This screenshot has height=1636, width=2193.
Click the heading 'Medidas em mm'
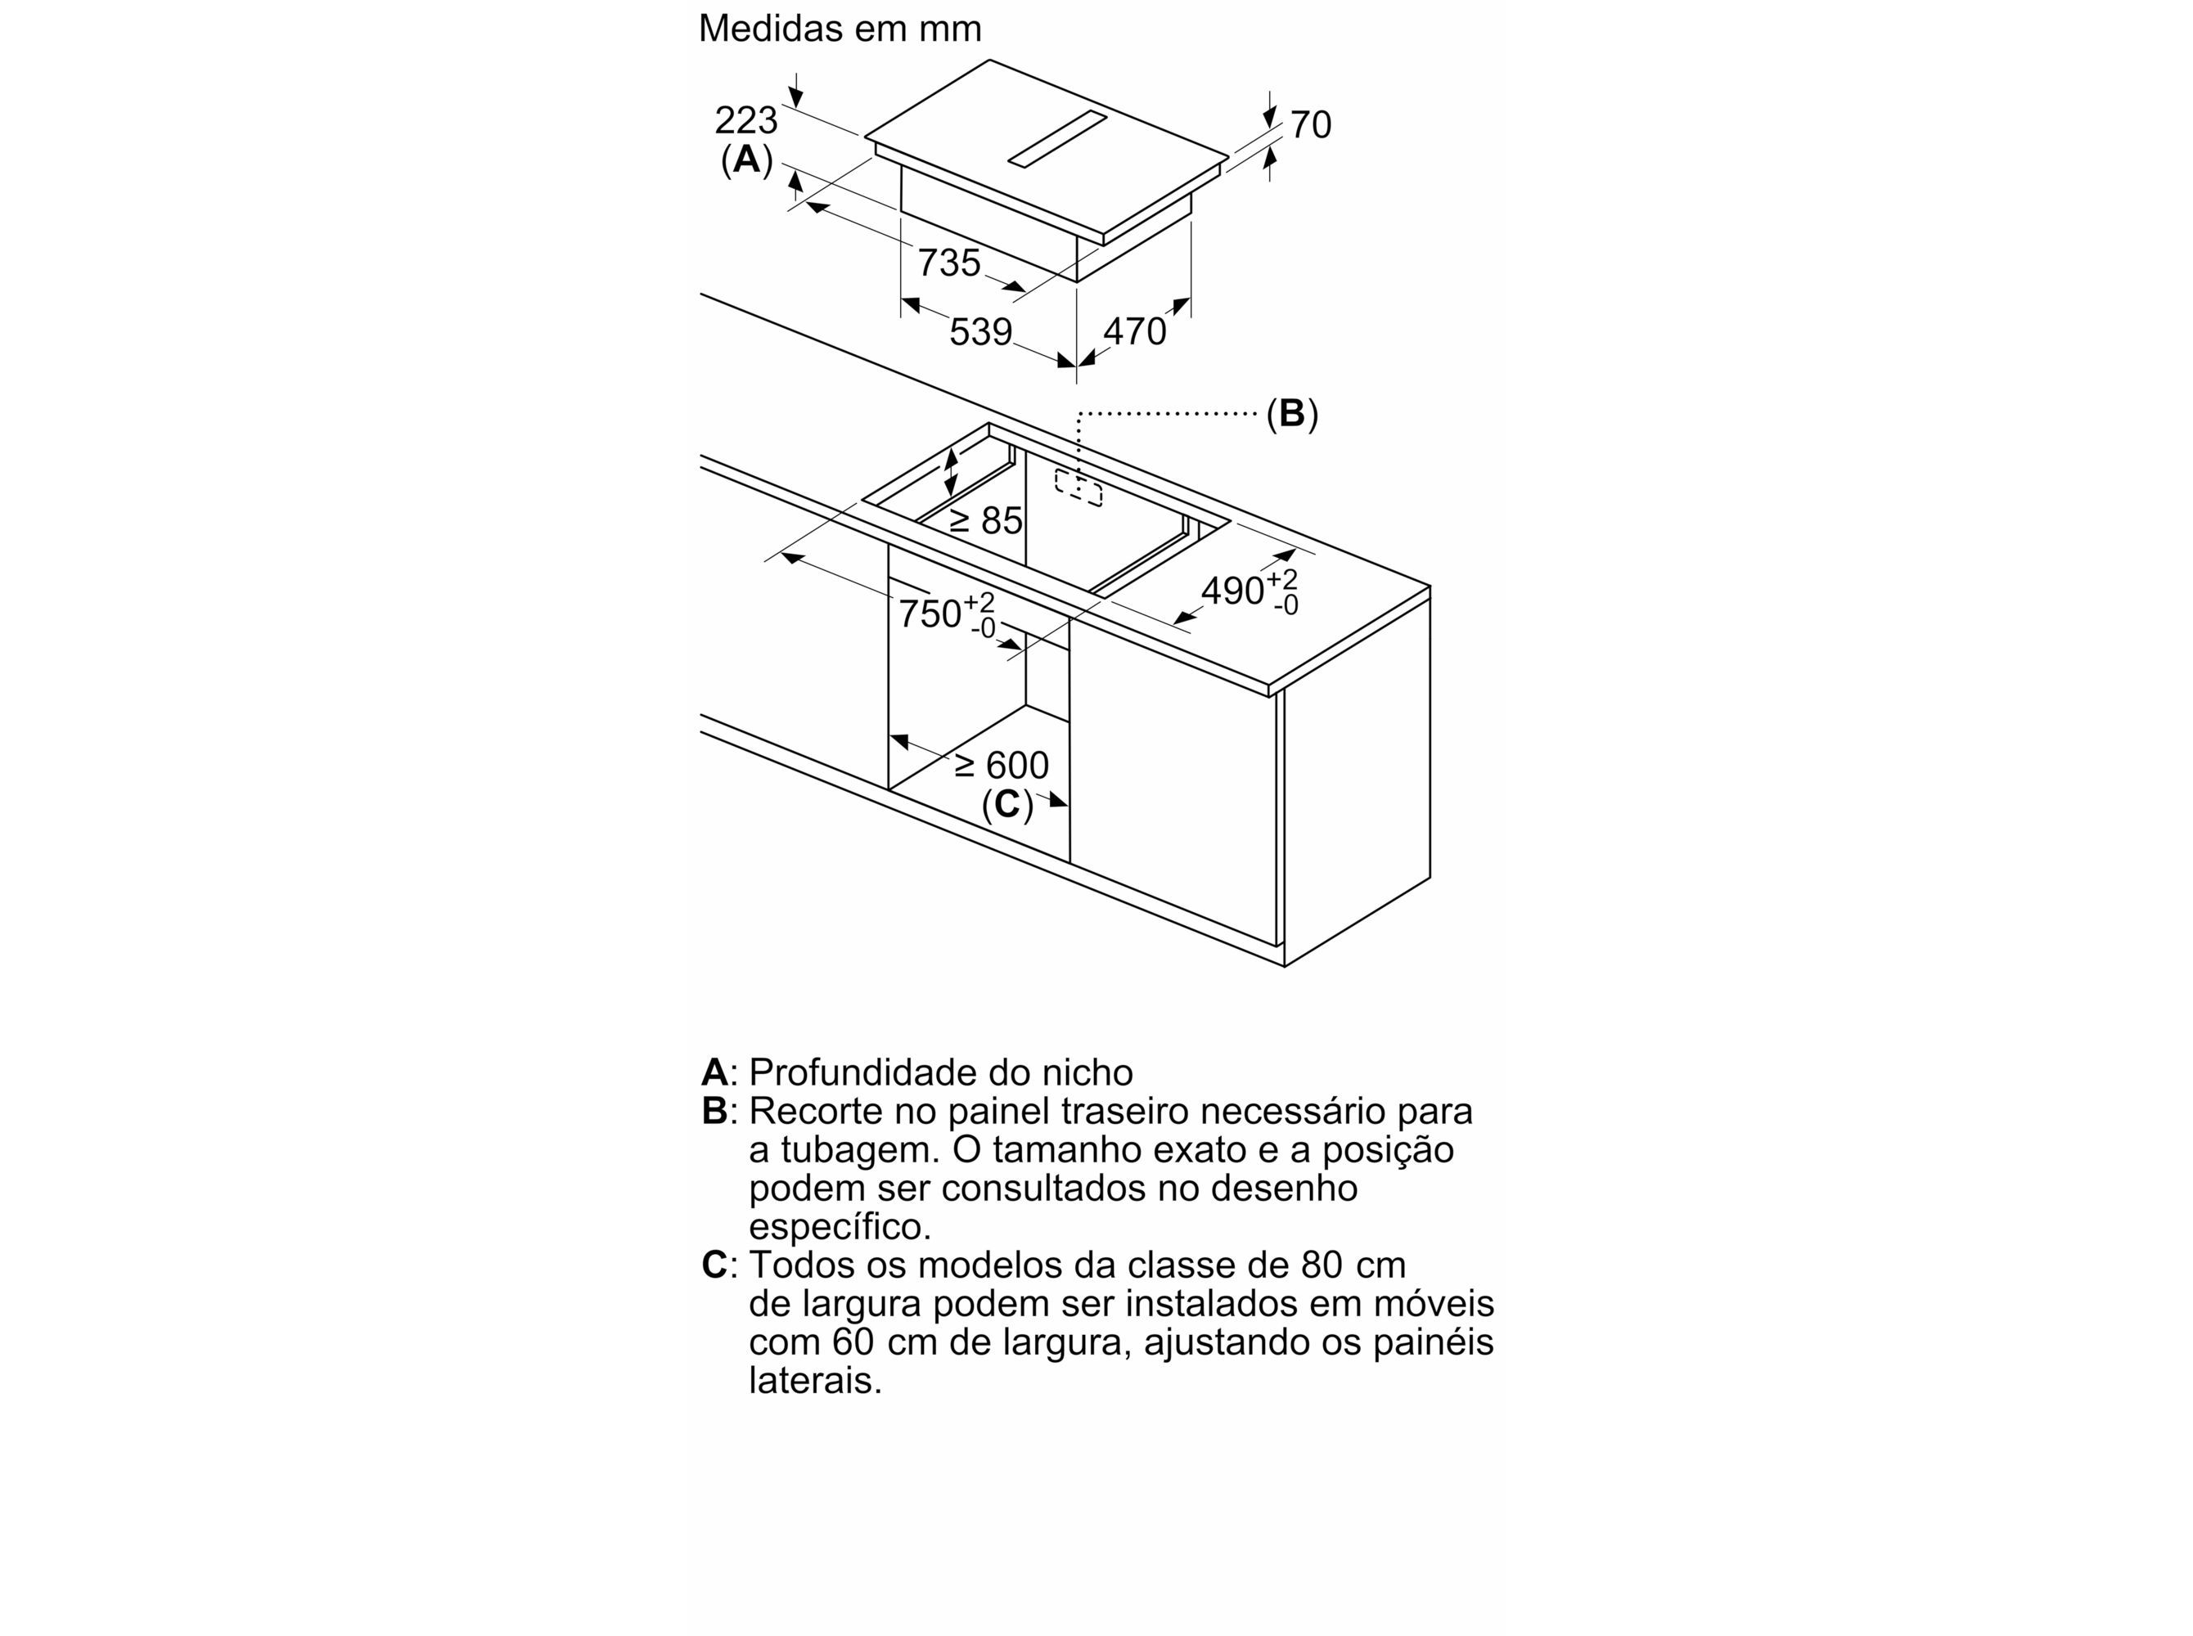839,29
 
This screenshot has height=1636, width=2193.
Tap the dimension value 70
1310,125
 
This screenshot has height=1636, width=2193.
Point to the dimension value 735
949,263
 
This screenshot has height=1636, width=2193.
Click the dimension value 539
980,332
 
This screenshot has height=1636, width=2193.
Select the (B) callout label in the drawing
1291,413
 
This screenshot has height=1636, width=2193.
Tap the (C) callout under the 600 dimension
1007,804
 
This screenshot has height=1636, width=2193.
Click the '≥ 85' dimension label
985,520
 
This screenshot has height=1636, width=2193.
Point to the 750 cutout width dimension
946,615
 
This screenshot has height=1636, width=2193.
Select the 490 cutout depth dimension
1249,591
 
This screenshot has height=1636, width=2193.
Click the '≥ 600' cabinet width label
1001,766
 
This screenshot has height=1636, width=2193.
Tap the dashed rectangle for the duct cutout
1078,488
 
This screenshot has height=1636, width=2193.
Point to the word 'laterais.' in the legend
815,1381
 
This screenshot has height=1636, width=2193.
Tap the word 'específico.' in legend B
840,1227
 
